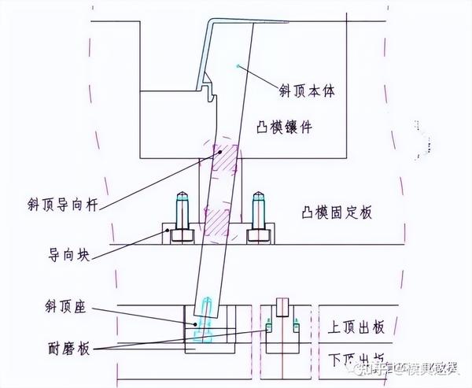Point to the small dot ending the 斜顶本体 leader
pos(237,67)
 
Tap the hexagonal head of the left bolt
pos(180,235)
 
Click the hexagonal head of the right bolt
pos(256,235)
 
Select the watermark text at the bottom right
pos(409,366)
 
